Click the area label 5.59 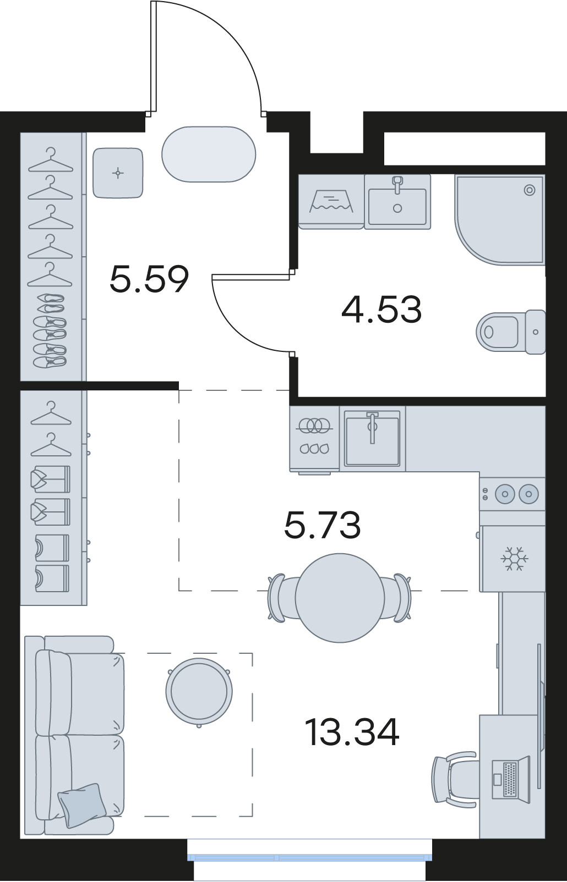(x=149, y=279)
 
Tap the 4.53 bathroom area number (x=381, y=310)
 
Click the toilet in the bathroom (x=511, y=332)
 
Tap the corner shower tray (x=500, y=219)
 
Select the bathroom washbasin (x=397, y=202)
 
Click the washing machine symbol (x=331, y=202)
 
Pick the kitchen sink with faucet (x=372, y=438)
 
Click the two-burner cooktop (x=513, y=494)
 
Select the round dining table (x=340, y=598)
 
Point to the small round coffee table (x=199, y=692)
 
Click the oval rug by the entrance (x=209, y=155)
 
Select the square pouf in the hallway (x=118, y=173)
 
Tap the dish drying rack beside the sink (x=315, y=438)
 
